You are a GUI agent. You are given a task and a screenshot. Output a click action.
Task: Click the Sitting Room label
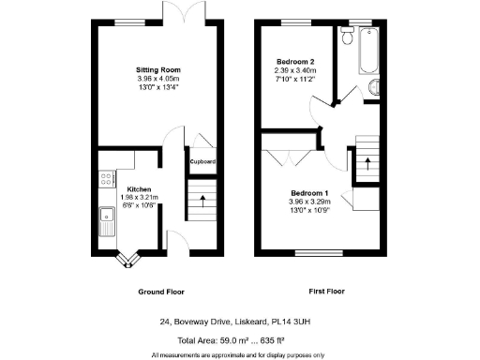tap(157, 70)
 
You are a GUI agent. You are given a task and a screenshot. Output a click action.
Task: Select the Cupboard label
tap(203, 161)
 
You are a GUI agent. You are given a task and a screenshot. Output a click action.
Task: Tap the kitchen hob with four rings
tap(105, 175)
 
